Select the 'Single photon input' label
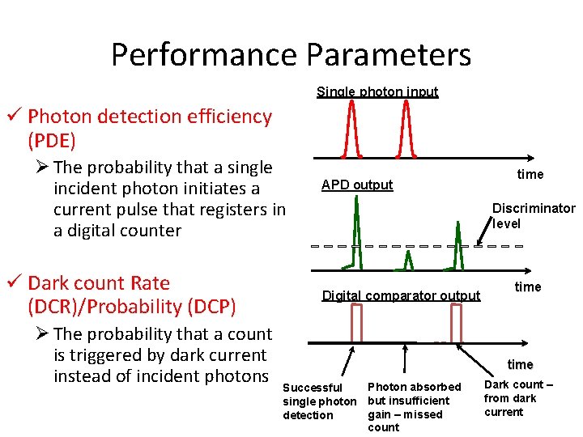point(377,91)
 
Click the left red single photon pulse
point(351,129)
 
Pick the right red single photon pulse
point(402,129)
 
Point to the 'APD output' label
point(357,185)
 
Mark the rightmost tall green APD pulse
point(457,235)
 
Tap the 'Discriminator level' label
point(534,215)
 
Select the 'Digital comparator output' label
point(401,295)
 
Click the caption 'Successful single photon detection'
point(319,401)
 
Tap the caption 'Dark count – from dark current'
point(518,398)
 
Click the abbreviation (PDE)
point(52,141)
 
